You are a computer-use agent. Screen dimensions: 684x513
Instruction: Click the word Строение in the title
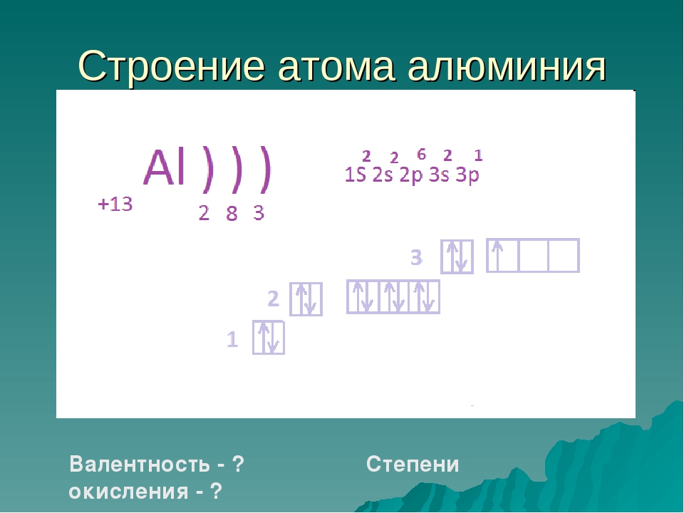(172, 66)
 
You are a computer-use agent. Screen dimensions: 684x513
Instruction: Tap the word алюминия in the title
(507, 66)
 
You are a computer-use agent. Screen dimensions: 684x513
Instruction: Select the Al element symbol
(165, 167)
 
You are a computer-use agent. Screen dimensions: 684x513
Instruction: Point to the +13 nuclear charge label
(115, 204)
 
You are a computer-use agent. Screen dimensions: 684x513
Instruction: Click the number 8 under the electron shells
(232, 214)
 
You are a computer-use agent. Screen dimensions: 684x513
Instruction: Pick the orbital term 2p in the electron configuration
(411, 175)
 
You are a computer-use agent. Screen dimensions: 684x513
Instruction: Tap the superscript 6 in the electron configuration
(421, 154)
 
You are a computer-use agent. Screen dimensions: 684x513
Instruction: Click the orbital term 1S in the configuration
(355, 175)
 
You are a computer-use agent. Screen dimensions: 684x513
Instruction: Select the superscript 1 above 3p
(478, 155)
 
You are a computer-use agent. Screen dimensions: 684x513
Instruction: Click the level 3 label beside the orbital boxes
(417, 257)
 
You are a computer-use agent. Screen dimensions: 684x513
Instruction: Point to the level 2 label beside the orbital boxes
(273, 299)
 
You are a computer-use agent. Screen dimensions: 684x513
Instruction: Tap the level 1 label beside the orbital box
(232, 339)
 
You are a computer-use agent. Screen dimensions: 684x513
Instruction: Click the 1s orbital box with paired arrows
(269, 338)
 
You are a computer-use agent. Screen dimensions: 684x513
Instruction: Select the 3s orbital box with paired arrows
(457, 256)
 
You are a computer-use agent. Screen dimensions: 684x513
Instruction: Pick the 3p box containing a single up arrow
(502, 256)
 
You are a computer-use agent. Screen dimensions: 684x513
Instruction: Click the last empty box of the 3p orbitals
(564, 256)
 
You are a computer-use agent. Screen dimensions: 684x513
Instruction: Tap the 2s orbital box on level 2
(306, 299)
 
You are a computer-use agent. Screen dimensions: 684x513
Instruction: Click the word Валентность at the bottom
(140, 464)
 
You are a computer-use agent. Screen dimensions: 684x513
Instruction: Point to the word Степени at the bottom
(413, 464)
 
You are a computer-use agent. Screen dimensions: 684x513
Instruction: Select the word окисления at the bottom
(129, 492)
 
